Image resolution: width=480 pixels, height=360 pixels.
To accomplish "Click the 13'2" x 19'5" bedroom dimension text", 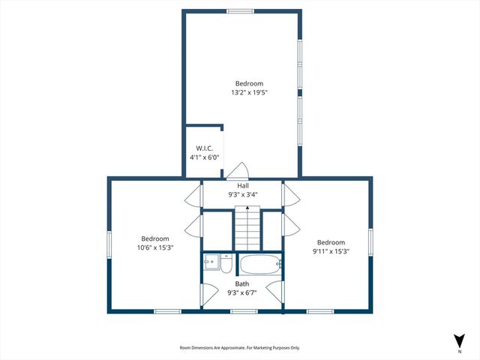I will tap(249, 93).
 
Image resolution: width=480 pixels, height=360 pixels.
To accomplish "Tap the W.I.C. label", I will tap(204, 148).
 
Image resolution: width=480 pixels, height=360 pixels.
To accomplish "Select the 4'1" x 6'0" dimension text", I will tap(204, 157).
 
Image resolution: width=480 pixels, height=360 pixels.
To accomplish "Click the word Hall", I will tap(243, 185).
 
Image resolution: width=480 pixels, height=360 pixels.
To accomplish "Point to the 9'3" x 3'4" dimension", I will tap(243, 194).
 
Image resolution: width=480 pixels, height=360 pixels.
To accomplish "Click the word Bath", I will tap(242, 283).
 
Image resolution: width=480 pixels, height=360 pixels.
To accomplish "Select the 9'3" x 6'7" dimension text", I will tap(242, 292).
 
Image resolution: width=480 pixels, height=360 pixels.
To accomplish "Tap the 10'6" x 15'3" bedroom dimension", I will tap(155, 247).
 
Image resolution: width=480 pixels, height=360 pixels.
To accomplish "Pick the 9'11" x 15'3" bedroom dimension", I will tap(331, 251).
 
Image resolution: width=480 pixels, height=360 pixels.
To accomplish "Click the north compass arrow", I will tap(459, 340).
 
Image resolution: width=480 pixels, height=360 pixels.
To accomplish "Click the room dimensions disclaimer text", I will tap(239, 348).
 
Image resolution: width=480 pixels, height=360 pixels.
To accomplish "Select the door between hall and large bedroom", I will tap(238, 170).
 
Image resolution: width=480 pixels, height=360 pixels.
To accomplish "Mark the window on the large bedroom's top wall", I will tap(241, 11).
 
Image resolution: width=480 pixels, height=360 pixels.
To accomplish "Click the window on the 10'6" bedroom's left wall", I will tap(109, 244).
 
